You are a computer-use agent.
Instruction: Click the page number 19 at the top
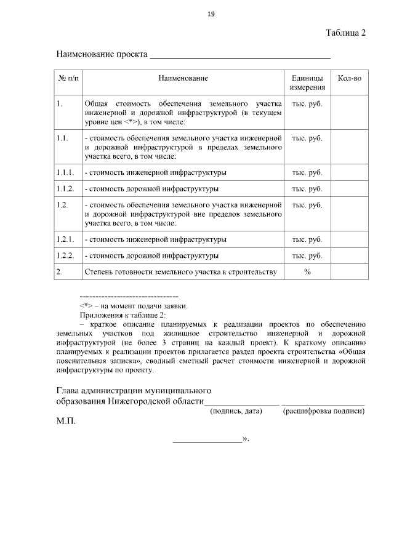pos(211,14)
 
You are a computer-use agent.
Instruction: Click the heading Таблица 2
pos(346,33)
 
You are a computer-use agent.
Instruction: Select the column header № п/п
pos(68,79)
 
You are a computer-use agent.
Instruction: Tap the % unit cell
pos(307,272)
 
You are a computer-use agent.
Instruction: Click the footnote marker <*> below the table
pos(86,306)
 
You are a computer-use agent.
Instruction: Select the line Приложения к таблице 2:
pos(123,315)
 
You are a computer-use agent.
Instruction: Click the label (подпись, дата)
pos(236,411)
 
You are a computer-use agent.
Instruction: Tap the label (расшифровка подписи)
pos(323,411)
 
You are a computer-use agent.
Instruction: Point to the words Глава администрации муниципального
pos(134,390)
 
